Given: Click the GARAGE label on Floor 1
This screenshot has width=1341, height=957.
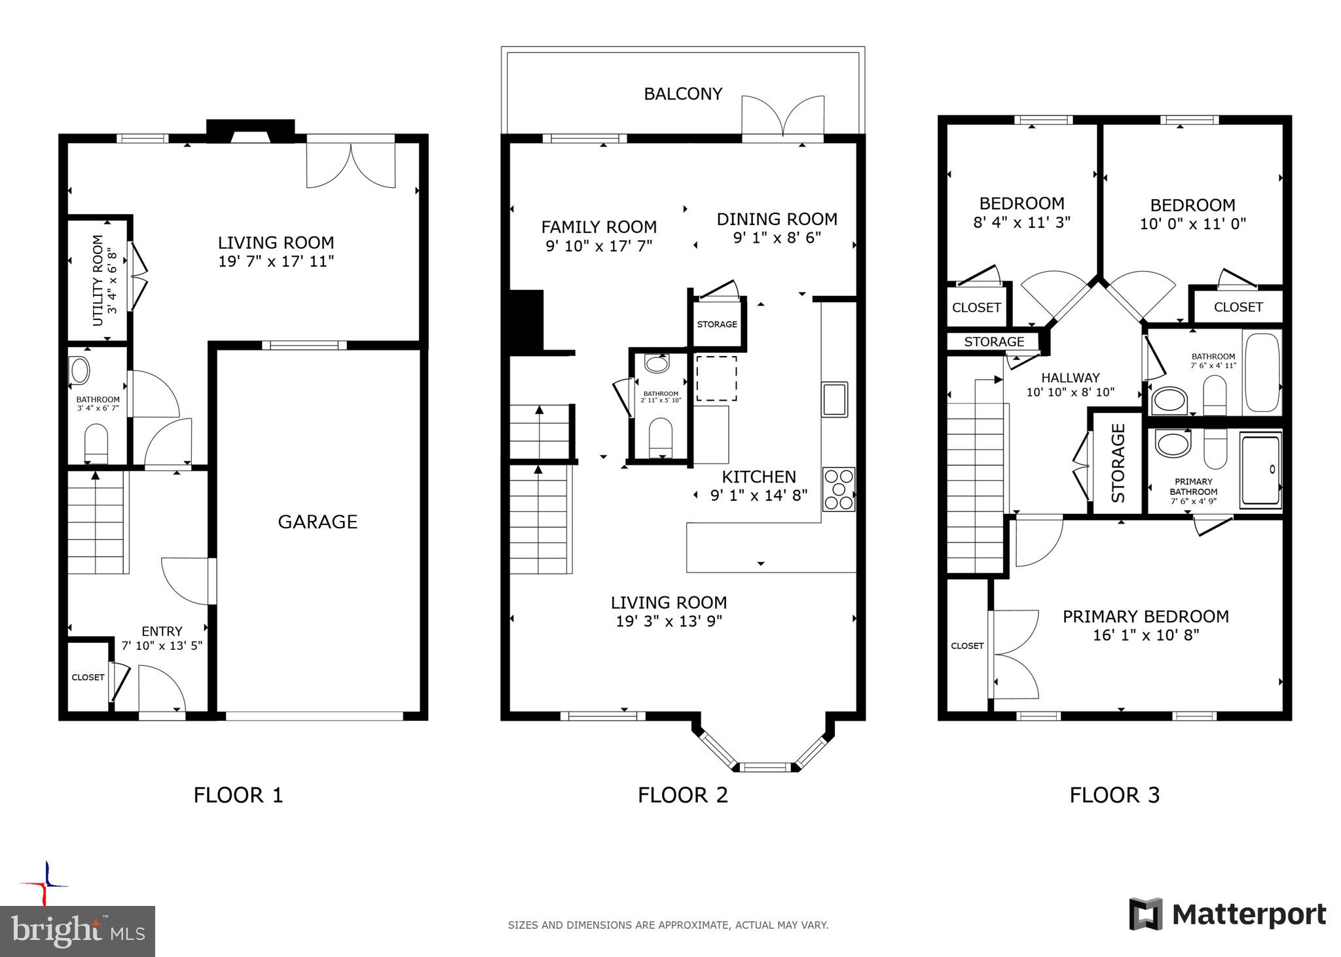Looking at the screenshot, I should coord(318,522).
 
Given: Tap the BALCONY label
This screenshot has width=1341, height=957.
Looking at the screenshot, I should coord(683,94).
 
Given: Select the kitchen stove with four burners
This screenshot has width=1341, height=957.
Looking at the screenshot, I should coord(839,489).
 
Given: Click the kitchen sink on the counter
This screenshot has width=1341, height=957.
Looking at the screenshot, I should coord(835,399).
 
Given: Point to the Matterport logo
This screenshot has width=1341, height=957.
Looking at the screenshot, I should coord(1227,914).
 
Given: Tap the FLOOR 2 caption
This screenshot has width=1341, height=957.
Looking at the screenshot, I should coord(683,795).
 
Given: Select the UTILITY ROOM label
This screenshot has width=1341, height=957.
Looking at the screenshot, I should coord(98,280).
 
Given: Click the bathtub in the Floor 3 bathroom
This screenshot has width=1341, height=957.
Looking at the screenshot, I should coord(1261,372).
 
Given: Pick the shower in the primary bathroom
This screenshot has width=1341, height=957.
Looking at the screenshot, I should coord(1260,471).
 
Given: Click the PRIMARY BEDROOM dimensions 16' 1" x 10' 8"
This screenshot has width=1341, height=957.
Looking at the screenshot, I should coord(1146,635).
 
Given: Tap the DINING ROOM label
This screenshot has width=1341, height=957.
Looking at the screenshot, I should coord(777,219).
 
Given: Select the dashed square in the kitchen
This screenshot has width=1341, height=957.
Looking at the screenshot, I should coord(716,378).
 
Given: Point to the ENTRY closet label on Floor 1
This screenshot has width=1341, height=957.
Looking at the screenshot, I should coord(88,677).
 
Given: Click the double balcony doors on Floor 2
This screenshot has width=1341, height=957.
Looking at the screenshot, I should coord(782,118).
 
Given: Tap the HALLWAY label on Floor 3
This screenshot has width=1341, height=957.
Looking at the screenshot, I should coord(1071,378).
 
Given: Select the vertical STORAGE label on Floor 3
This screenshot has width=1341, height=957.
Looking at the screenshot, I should coord(1118,463).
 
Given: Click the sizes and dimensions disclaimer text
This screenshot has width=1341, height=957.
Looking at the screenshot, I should coord(668,925).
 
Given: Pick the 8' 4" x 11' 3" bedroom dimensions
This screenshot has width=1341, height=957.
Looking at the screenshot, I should coord(1021,223).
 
